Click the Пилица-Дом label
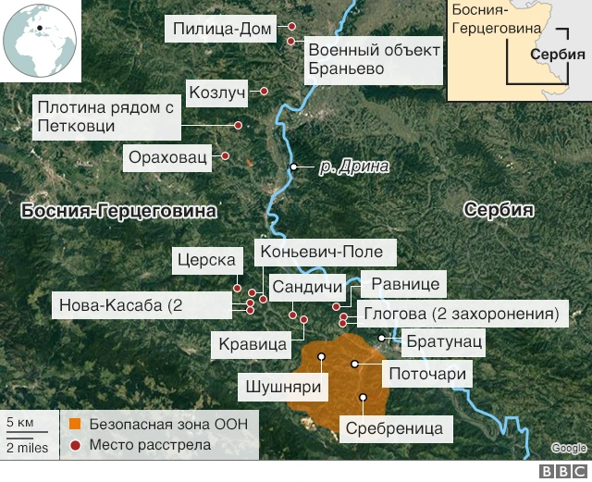tap(224, 30)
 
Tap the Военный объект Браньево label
tap(373, 59)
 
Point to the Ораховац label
tap(167, 156)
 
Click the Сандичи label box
tap(308, 286)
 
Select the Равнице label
tap(405, 284)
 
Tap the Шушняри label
tap(286, 386)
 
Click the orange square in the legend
tap(75, 425)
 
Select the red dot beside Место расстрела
tap(75, 445)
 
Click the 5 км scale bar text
tap(19, 424)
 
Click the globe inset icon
tap(41, 41)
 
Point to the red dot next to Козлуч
tap(265, 92)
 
